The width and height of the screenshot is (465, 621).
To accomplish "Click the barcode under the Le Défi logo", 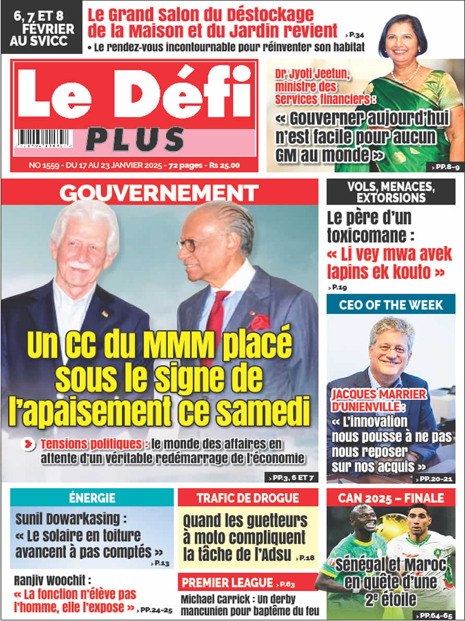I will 44,139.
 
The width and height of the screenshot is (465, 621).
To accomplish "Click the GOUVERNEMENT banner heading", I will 159,193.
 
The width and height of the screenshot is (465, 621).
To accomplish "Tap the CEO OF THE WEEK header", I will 390,305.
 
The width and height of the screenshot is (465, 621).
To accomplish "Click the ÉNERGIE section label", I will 92,497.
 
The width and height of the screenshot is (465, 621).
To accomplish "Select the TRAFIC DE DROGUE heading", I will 247,497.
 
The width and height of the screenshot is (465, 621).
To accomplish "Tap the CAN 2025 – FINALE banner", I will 390,497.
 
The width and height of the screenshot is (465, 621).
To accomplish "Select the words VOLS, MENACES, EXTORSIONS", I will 390,191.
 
